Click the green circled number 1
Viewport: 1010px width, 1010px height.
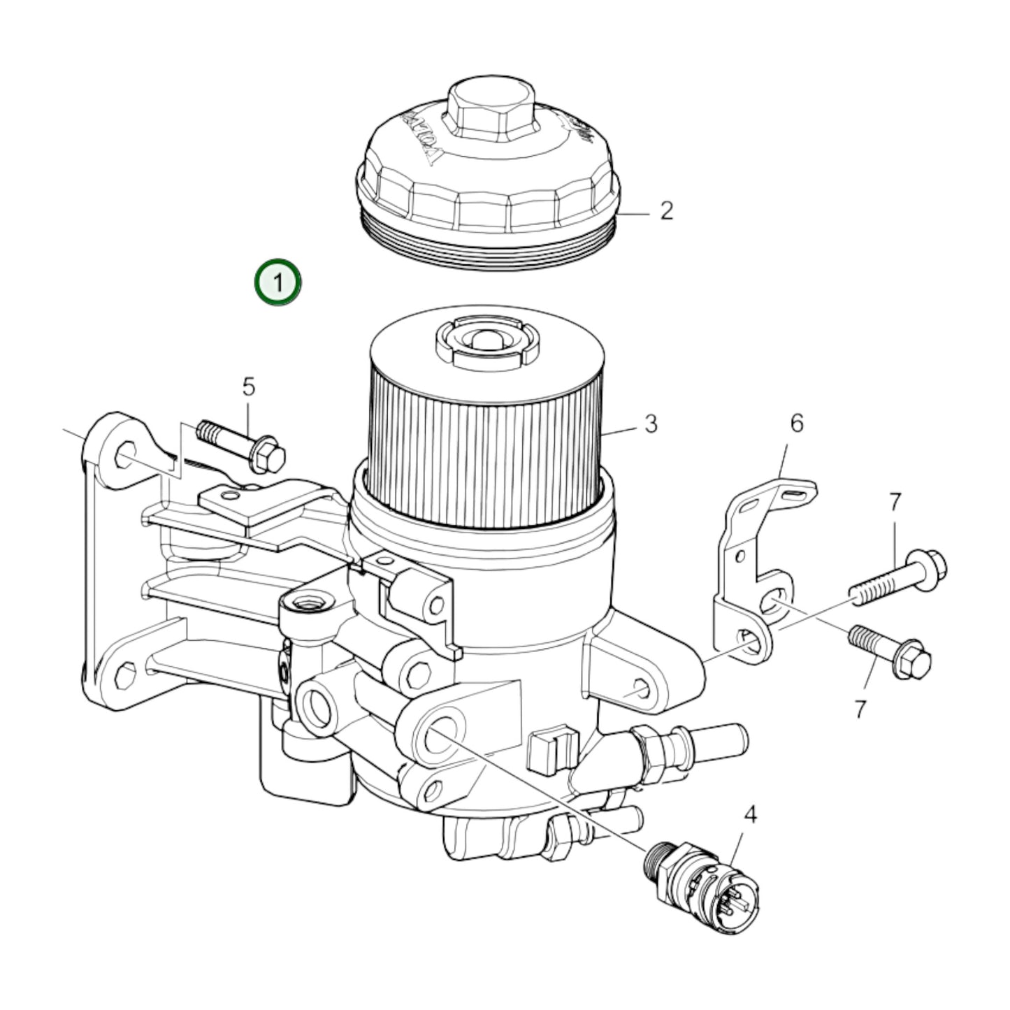[x=277, y=283]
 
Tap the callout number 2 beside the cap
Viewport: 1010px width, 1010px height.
[x=666, y=210]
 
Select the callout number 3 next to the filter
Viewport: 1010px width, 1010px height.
[x=651, y=424]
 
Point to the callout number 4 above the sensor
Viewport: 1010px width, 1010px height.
[x=749, y=814]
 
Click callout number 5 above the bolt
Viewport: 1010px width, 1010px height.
[x=249, y=387]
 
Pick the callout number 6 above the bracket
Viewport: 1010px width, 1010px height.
[x=797, y=423]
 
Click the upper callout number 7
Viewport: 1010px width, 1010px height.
[x=895, y=502]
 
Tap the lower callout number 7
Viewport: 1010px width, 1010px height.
[x=860, y=709]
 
